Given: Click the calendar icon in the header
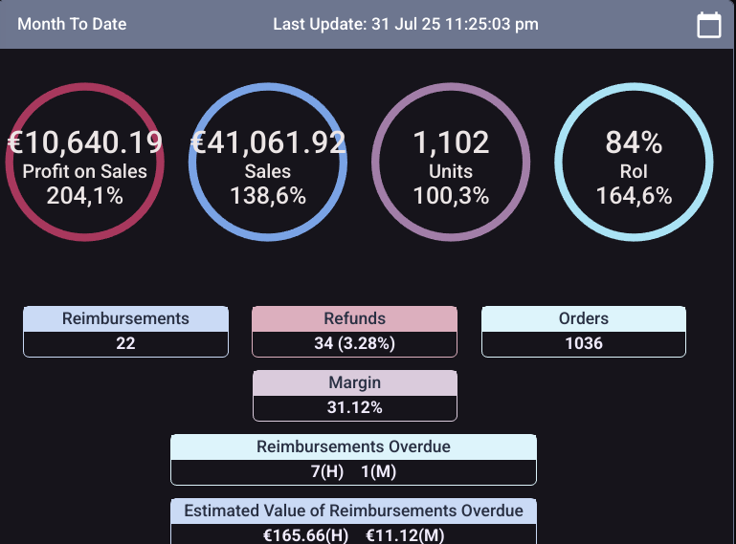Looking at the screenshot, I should coord(708,25).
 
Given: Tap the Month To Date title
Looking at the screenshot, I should coord(72,24).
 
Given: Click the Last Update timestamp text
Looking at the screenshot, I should coord(406,24).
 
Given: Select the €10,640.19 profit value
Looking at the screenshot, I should coord(84,142).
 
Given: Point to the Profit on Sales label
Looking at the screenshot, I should coord(84,171).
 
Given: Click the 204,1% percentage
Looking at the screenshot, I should coord(84,196).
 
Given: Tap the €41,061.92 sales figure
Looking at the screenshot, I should coord(268,142).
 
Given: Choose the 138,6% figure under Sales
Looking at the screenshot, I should coord(268,196).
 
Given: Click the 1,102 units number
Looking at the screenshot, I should coord(451,142).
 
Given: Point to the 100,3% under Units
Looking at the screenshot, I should coord(451,196).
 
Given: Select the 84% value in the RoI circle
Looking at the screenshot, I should coord(634,142).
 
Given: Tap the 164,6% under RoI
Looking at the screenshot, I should coord(634,196).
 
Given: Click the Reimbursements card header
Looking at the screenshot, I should coord(125,319).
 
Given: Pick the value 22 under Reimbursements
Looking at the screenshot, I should coord(125,343).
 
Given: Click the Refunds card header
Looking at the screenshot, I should coord(354,319).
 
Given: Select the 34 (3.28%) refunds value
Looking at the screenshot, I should coord(354,343).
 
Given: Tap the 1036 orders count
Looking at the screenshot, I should coord(584,343).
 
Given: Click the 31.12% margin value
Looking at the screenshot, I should coord(354,407).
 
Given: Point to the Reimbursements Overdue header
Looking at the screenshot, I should coord(353,447).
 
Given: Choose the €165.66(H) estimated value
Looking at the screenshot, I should coord(305,535).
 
